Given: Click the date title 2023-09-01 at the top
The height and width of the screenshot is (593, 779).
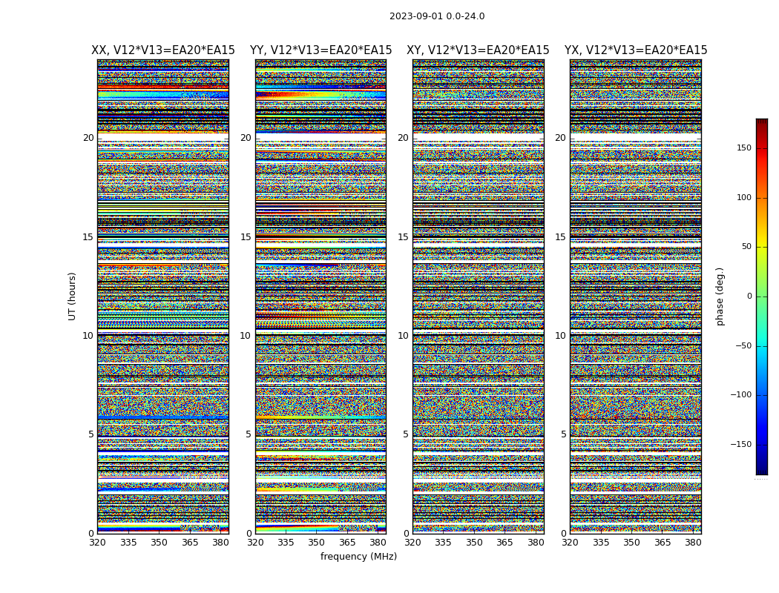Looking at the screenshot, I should [x=437, y=16].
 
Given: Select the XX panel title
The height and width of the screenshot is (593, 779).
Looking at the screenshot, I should [x=163, y=50].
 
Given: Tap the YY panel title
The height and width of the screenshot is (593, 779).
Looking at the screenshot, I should [x=321, y=50].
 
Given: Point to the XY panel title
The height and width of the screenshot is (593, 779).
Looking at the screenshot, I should [x=478, y=50].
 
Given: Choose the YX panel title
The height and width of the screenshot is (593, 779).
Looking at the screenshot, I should [x=636, y=50].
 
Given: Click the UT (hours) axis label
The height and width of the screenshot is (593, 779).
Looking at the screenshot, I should [x=72, y=296].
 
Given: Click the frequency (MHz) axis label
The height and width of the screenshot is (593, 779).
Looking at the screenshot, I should [x=358, y=557].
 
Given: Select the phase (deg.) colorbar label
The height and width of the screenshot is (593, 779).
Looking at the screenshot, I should [x=720, y=296].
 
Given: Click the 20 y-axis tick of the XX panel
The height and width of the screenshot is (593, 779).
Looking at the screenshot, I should [x=88, y=138].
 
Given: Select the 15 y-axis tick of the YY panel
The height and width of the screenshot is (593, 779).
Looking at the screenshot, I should [x=246, y=237].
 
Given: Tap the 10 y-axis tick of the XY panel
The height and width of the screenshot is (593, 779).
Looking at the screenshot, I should [x=403, y=336].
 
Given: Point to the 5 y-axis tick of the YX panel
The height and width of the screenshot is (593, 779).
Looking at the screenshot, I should [x=563, y=434].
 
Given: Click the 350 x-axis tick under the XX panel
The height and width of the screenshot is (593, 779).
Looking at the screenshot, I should [x=159, y=543].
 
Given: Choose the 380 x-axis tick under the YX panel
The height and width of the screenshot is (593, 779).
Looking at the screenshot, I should [x=693, y=543].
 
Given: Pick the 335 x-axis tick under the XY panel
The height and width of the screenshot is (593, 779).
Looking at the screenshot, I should [x=444, y=543].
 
